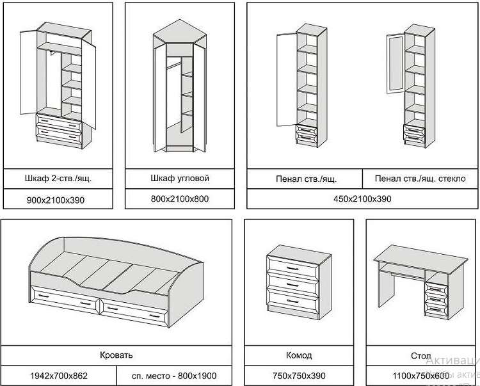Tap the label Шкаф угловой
(179, 178)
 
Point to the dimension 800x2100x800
(179, 199)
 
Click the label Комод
(298, 355)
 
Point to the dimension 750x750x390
(298, 375)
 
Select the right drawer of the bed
(133, 310)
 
